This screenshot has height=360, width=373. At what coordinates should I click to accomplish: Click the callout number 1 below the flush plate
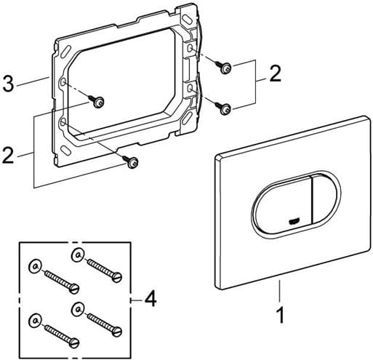[281, 315]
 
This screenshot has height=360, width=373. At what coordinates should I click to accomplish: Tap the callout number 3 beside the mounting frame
[8, 83]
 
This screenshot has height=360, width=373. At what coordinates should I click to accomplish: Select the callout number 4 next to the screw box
[151, 299]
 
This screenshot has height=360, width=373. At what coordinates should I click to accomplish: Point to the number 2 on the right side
[275, 73]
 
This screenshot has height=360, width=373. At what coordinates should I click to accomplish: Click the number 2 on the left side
[8, 156]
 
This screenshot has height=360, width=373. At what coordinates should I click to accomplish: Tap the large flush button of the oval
[282, 206]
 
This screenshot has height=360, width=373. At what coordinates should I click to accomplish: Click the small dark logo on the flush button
[294, 221]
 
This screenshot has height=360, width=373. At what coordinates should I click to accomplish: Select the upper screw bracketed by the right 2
[223, 67]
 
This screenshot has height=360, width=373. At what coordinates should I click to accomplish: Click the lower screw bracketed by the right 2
[222, 108]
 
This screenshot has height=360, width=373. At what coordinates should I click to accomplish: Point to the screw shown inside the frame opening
[97, 101]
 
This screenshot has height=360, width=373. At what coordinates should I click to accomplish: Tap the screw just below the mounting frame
[131, 161]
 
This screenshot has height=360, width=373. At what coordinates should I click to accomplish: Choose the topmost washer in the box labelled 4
[78, 255]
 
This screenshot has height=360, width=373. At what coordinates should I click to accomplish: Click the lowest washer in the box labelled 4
[35, 320]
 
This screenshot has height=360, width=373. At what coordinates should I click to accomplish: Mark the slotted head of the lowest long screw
[74, 343]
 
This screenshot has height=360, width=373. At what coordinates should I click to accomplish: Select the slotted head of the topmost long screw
[117, 277]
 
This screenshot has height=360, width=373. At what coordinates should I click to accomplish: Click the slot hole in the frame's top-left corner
[65, 52]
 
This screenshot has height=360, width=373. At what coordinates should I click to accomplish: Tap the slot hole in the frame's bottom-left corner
[66, 149]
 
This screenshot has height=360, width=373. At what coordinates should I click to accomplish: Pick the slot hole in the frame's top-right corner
[188, 19]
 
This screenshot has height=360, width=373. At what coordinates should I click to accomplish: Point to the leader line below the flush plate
[279, 291]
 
